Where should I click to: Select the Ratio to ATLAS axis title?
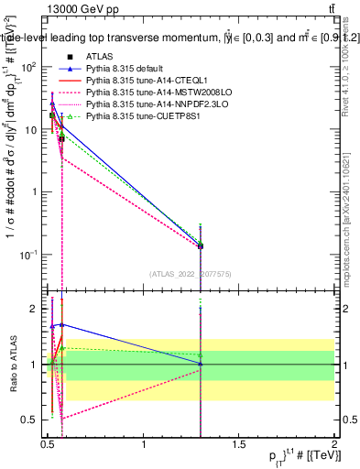click(x=12, y=365)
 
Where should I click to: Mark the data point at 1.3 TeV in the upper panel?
click(x=201, y=245)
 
